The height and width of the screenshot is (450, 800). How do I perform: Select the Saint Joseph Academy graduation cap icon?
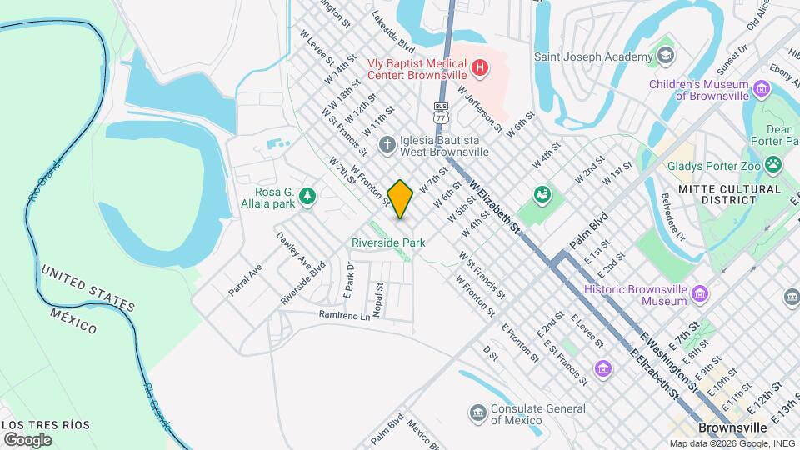665,57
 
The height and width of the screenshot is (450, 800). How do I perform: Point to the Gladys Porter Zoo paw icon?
776,165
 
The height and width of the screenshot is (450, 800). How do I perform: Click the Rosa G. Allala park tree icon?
308,196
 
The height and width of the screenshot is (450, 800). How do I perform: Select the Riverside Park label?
388,242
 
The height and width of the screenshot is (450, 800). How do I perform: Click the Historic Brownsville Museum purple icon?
699,294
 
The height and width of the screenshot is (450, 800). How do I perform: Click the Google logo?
27,439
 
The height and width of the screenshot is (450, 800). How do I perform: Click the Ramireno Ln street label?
344,316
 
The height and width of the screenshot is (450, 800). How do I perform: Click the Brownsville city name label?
732,427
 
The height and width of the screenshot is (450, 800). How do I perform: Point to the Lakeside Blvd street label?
392,30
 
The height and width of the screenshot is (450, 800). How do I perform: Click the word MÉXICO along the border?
72,320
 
